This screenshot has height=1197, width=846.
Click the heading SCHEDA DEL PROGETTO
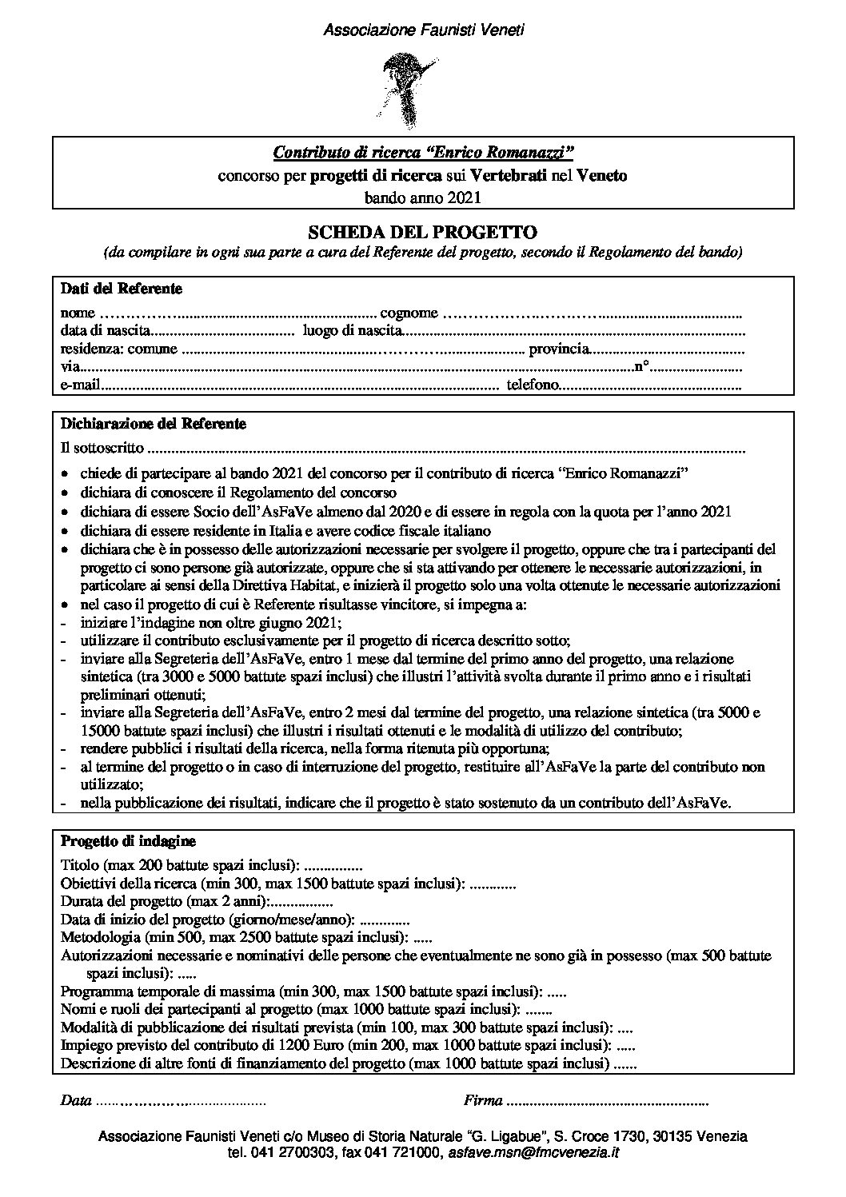click(423, 233)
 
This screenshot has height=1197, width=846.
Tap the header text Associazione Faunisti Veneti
click(423, 30)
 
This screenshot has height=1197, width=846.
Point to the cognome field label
click(409, 312)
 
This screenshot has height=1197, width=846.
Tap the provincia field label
click(559, 349)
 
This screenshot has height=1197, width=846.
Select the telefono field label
click(532, 386)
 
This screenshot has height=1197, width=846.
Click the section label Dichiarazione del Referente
click(154, 424)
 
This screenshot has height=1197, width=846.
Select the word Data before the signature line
click(76, 1102)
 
